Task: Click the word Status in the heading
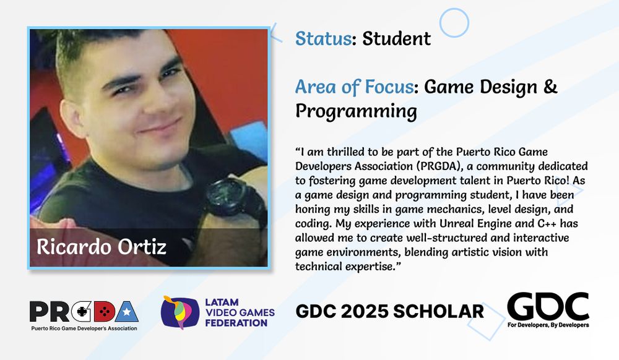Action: coord(322,38)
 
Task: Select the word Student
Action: coord(396,38)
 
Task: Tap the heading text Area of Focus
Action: coord(354,87)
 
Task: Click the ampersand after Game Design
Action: coord(550,87)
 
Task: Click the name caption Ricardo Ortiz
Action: coord(102,246)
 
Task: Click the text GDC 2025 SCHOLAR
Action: coord(390,311)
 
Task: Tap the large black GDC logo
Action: coord(548,306)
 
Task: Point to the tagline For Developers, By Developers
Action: coord(548,325)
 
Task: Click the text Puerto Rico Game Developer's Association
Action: coord(84,328)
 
